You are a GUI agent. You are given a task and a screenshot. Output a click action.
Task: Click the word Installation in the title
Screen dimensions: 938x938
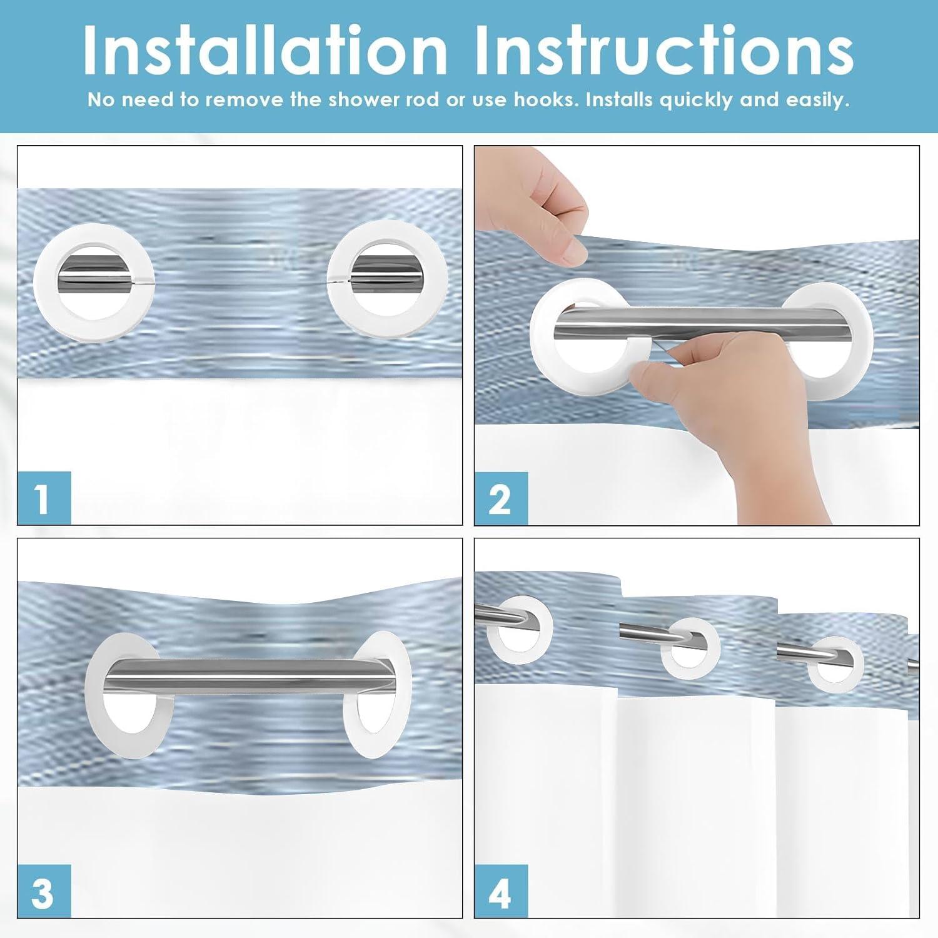pyautogui.click(x=265, y=51)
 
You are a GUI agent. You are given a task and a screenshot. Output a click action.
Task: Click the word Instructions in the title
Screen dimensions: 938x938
pyautogui.click(x=664, y=51)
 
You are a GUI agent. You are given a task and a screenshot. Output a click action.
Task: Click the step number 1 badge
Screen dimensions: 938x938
pyautogui.click(x=44, y=498)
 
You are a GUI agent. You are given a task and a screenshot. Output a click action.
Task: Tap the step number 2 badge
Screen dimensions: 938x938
pyautogui.click(x=501, y=498)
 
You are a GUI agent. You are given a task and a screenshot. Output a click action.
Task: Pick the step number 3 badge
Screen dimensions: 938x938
pyautogui.click(x=44, y=892)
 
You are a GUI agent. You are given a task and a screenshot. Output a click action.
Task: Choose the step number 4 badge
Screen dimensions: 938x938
pyautogui.click(x=501, y=892)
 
